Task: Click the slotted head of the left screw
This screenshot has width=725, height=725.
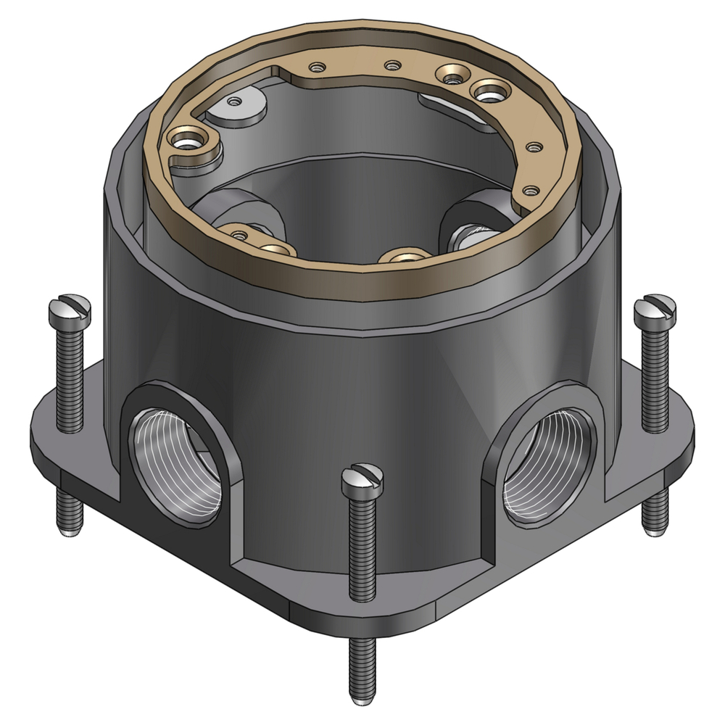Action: tap(70, 312)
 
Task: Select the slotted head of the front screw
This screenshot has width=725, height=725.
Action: tap(362, 479)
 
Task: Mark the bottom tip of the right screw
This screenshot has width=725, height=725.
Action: tap(654, 529)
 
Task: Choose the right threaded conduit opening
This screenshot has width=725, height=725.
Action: tap(547, 465)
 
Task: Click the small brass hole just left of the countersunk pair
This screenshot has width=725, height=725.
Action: tap(392, 66)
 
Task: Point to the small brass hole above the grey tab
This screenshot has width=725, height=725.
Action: tap(316, 67)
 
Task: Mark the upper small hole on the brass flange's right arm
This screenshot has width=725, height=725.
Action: tap(534, 147)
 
